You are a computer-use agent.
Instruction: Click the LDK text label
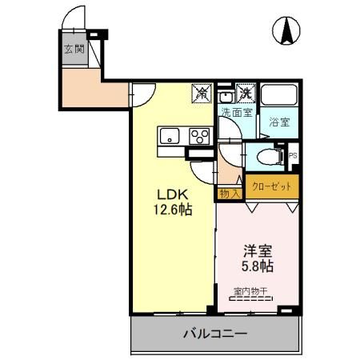tap(172, 194)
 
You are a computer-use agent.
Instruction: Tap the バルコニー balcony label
tap(214, 333)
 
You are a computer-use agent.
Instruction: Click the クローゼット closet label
tap(273, 186)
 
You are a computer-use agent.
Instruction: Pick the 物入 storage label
tap(229, 192)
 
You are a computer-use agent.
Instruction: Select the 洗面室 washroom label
tap(236, 112)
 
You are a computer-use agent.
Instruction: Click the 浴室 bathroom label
tap(278, 122)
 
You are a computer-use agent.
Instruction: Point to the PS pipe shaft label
tap(293, 155)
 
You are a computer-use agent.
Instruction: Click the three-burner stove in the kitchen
tap(198, 137)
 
